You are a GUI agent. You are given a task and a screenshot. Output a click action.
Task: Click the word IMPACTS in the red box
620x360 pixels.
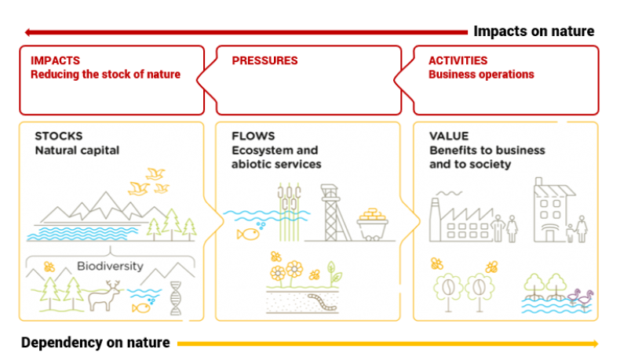pos(55,60)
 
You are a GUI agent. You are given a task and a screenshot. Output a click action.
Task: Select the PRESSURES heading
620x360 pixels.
pos(264,60)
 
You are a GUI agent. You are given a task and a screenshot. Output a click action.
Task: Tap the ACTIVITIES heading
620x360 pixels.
pos(458,60)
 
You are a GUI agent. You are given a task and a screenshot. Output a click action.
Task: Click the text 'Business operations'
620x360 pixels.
pos(481,75)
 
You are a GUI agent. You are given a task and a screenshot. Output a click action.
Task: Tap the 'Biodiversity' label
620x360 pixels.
pos(110,266)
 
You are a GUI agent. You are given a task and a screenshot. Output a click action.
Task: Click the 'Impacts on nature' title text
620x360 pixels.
pos(534,31)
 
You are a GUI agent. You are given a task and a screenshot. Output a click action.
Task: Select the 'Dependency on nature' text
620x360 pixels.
pos(95,343)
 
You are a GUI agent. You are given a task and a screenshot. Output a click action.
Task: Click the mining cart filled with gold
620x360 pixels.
pos(375,224)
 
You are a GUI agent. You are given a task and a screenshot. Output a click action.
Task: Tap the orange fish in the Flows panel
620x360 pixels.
pos(248,232)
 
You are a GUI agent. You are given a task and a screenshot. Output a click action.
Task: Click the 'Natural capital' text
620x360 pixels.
pos(77,150)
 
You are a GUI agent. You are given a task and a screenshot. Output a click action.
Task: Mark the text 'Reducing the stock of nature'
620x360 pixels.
pos(105,75)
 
